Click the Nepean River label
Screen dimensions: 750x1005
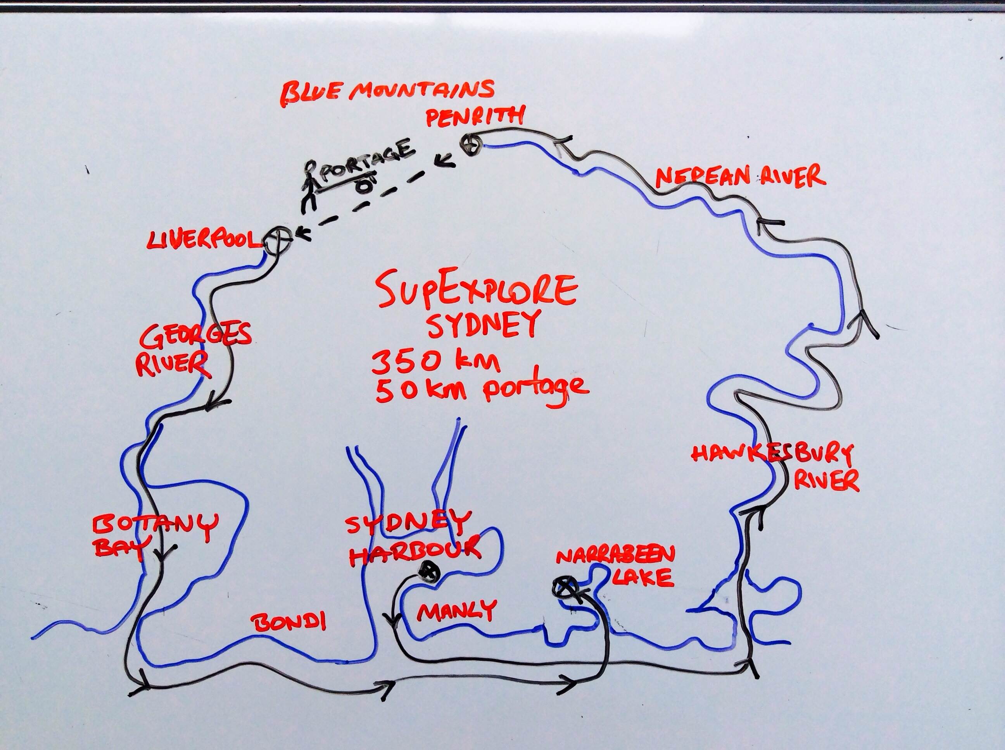click(740, 177)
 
